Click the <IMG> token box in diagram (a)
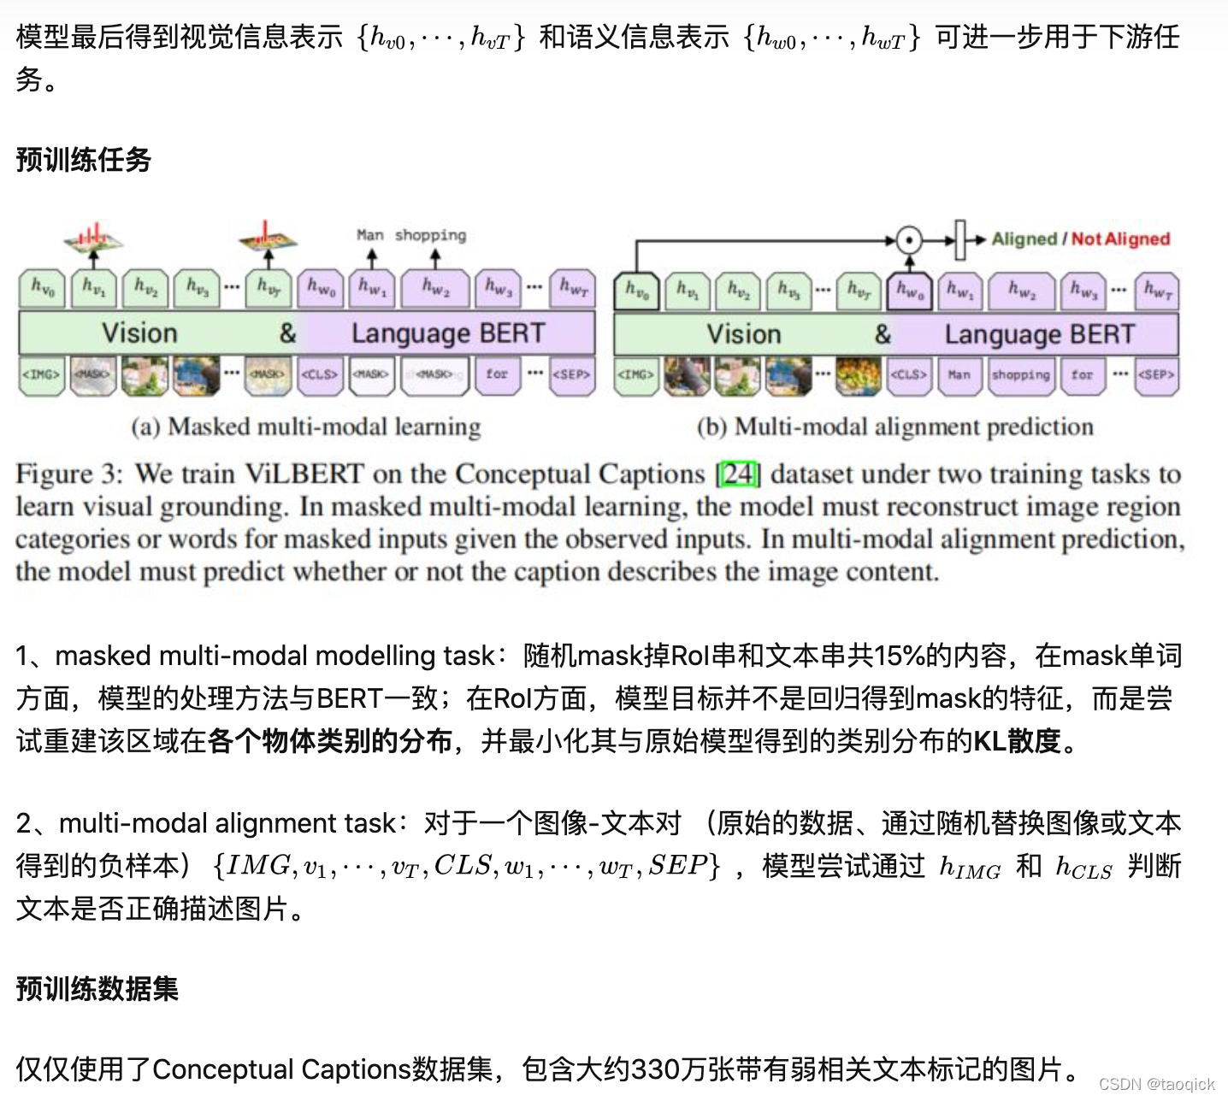click(x=41, y=374)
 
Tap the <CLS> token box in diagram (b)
click(x=908, y=374)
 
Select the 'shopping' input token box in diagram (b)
click(x=1020, y=374)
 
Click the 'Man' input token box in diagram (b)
click(x=959, y=374)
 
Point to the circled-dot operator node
click(x=909, y=240)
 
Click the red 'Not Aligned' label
click(x=1120, y=239)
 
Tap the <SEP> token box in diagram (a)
click(x=571, y=374)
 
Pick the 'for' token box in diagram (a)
click(x=497, y=374)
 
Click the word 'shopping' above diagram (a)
click(x=430, y=235)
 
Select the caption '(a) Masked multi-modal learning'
click(x=305, y=427)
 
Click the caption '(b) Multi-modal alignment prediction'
click(x=895, y=427)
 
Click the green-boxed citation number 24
click(x=739, y=474)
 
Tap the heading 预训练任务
click(x=84, y=160)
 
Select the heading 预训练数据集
click(x=97, y=989)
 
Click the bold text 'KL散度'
click(x=1017, y=740)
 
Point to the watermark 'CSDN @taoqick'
click(x=1156, y=1084)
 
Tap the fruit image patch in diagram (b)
click(x=858, y=374)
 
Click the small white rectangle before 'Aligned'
click(x=959, y=239)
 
